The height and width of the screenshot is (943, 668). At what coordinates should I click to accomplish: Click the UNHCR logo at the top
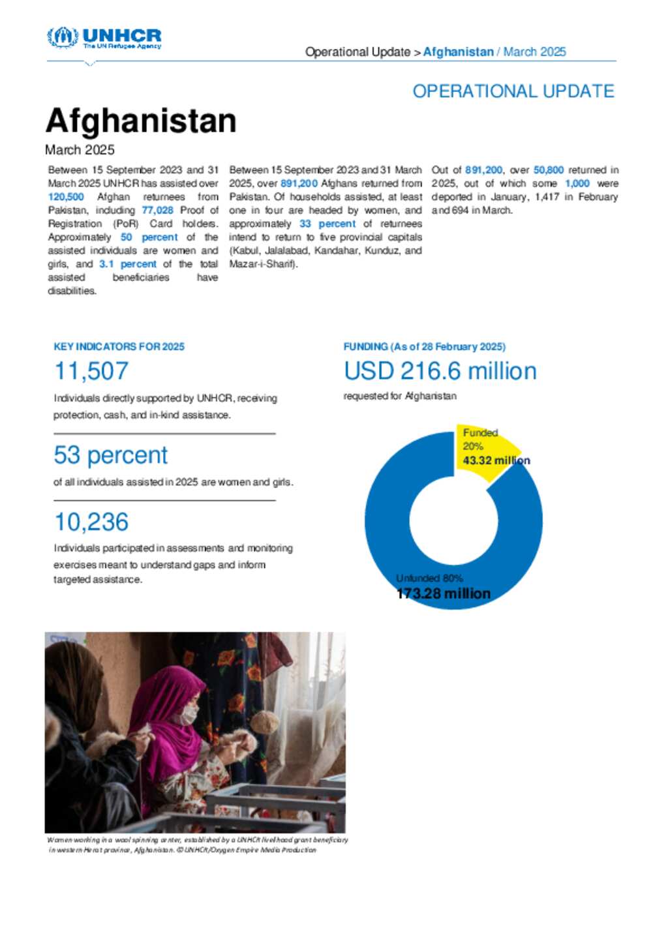pyautogui.click(x=104, y=37)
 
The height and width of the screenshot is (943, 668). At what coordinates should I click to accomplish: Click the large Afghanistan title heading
pyautogui.click(x=141, y=121)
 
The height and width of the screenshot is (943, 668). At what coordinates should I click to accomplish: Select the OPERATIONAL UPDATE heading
pyautogui.click(x=513, y=91)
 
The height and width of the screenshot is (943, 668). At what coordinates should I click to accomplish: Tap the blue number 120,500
pyautogui.click(x=66, y=197)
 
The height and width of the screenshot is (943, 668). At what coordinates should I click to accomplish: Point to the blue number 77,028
pyautogui.click(x=157, y=210)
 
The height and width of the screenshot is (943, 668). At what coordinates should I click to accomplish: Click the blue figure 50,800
pyautogui.click(x=548, y=170)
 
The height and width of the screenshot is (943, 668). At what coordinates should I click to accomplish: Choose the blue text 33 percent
pyautogui.click(x=327, y=224)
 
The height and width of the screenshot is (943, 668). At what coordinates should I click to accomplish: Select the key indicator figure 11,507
pyautogui.click(x=91, y=371)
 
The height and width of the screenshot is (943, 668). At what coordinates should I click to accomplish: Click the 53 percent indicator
pyautogui.click(x=110, y=455)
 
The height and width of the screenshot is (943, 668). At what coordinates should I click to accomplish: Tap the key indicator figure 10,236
pyautogui.click(x=91, y=522)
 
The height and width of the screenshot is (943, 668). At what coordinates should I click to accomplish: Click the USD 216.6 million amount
pyautogui.click(x=440, y=371)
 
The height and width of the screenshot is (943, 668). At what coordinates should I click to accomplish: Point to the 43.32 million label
pyautogui.click(x=496, y=460)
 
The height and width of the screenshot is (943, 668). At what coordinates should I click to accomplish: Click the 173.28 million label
pyautogui.click(x=444, y=593)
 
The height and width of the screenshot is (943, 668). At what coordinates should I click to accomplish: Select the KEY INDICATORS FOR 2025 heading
pyautogui.click(x=119, y=347)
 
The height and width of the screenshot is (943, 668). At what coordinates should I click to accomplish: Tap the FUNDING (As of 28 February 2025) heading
pyautogui.click(x=424, y=347)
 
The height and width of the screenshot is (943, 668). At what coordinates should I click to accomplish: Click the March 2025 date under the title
pyautogui.click(x=80, y=150)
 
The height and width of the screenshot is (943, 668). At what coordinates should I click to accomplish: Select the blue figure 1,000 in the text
pyautogui.click(x=577, y=183)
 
